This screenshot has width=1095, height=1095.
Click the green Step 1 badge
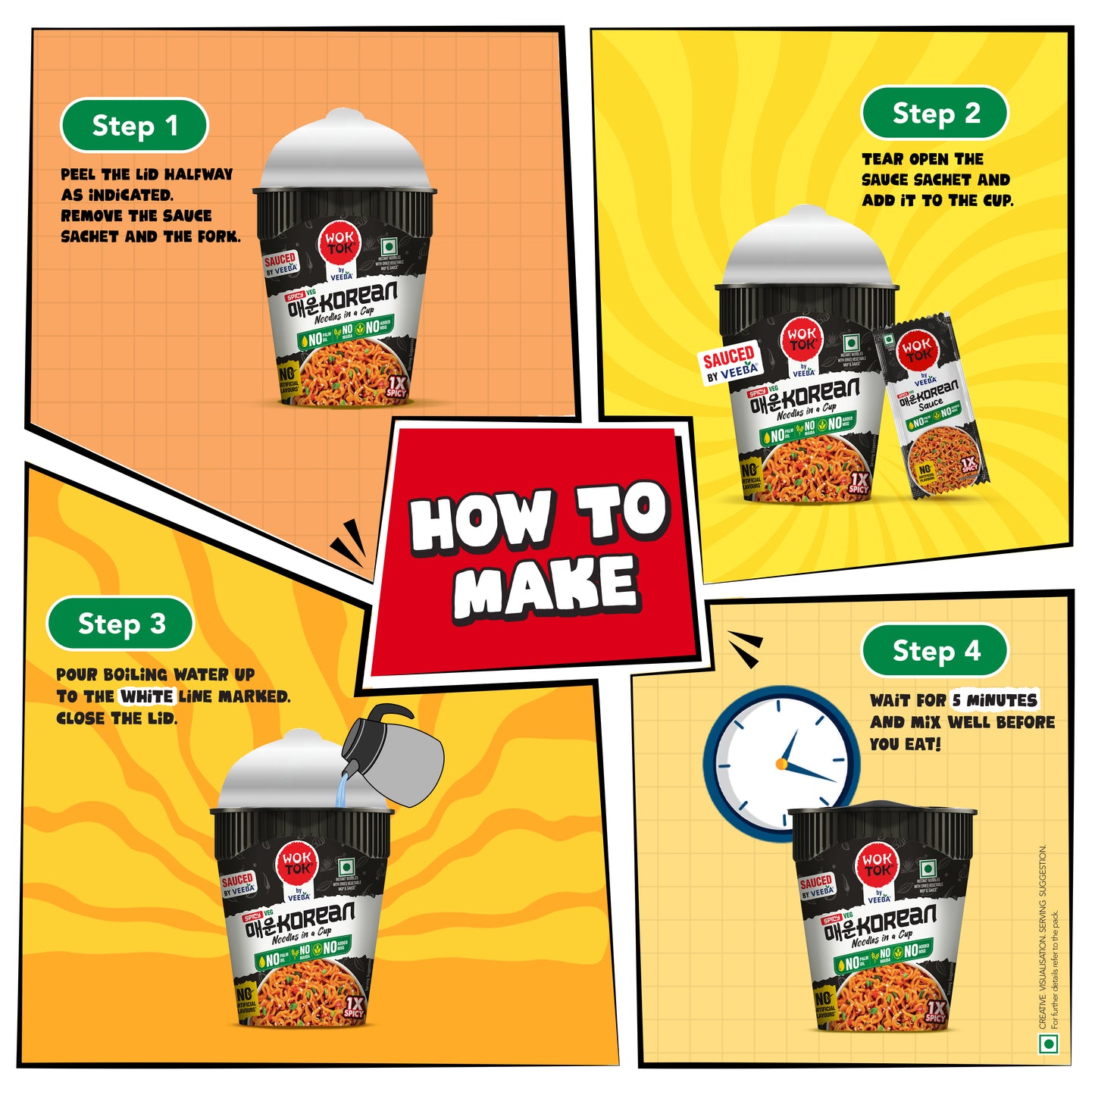pyautogui.click(x=134, y=126)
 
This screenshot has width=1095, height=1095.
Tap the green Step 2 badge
pyautogui.click(x=935, y=114)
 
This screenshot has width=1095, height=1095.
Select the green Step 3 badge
pyautogui.click(x=120, y=624)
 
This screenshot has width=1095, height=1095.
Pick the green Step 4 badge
pyautogui.click(x=935, y=650)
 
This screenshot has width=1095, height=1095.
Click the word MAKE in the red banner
pyautogui.click(x=546, y=586)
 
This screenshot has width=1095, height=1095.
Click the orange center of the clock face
pyautogui.click(x=781, y=763)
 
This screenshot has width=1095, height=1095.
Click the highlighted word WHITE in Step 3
pyautogui.click(x=147, y=696)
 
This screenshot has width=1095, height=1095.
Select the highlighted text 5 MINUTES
pyautogui.click(x=995, y=700)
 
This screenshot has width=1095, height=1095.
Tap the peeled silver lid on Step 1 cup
pyautogui.click(x=345, y=155)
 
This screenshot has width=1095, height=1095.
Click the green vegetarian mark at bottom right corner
pyautogui.click(x=1048, y=1044)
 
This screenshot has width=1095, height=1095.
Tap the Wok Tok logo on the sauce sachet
pyautogui.click(x=918, y=349)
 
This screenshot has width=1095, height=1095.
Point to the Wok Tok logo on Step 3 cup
pyautogui.click(x=297, y=862)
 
